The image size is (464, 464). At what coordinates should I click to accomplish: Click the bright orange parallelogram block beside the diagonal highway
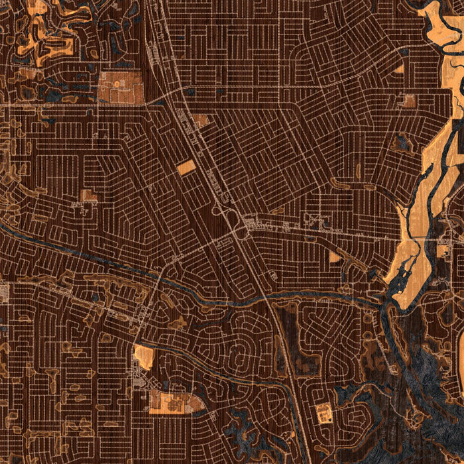pos(186,167)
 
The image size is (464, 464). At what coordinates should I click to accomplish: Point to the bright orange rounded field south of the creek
pos(144,357)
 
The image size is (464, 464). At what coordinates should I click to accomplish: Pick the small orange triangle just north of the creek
pos(335,257)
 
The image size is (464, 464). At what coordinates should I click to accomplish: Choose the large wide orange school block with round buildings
pos(174,401)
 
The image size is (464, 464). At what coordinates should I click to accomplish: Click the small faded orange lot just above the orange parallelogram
pos(200,121)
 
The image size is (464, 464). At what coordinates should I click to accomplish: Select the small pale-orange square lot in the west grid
pos(88,196)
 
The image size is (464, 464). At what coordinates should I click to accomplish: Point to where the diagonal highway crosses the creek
pos(268,298)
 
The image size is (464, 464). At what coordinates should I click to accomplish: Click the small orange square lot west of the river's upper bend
pos(409,101)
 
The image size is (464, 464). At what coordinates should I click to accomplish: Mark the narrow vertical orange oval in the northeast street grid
pos(358,170)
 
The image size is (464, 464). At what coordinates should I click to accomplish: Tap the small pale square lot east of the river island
pos(442,251)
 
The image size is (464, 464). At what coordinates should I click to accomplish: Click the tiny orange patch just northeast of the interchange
pos(277,211)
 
